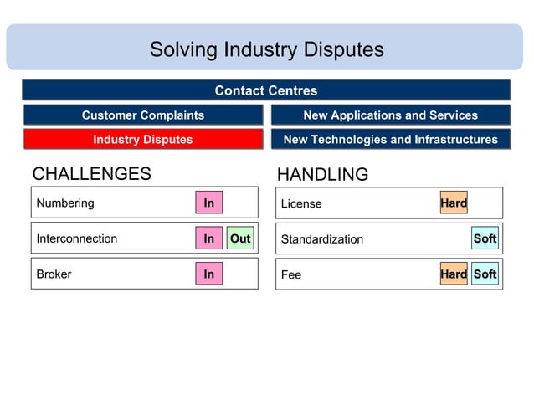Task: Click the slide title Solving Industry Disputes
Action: coord(266,49)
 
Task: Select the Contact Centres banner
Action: coord(266,90)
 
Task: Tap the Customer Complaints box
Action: coord(142,115)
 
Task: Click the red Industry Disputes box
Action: coord(142,140)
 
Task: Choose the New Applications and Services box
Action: coord(390,115)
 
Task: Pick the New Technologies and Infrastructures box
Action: coord(390,140)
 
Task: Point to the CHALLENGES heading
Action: coord(91,174)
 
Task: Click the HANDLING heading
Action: coord(322,175)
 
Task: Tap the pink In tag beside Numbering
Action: coord(209,203)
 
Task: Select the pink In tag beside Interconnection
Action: coord(209,238)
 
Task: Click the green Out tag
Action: coord(240,238)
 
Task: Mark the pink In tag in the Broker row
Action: coord(209,274)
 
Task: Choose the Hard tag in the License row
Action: coord(454,203)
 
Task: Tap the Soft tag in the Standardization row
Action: coord(485,238)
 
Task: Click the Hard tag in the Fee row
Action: coord(454,274)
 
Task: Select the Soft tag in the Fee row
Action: coord(485,274)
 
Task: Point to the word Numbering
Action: coord(65,203)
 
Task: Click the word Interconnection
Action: coord(77,238)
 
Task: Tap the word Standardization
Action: coord(322,239)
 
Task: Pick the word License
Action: coord(301,203)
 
